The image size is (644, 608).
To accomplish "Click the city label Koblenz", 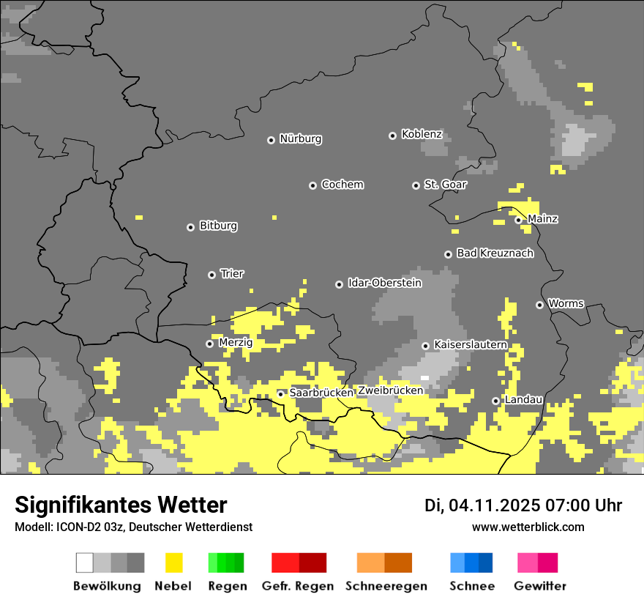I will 422,135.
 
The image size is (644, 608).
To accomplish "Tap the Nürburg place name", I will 300,139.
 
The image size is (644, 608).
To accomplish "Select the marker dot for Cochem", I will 312,185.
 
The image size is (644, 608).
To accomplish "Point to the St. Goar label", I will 445,185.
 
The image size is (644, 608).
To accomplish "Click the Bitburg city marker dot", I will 190,227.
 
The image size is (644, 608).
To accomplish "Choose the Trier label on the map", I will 232,274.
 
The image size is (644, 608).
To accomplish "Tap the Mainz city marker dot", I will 518,220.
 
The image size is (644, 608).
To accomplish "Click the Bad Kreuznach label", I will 495,253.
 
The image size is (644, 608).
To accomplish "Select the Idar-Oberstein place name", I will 384,283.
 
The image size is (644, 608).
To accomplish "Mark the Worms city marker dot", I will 539,305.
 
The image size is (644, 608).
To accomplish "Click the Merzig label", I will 236,343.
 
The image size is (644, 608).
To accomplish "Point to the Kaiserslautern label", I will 470,344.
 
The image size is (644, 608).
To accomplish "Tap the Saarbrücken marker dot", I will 280,394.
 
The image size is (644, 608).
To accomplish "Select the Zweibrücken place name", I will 390,390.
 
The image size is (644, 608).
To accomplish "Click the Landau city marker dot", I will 495,401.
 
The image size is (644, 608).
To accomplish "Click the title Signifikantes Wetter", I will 121,505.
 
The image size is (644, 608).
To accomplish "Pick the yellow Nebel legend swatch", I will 173,563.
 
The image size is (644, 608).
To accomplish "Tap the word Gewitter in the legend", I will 539,586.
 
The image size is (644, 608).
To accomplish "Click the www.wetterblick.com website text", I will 528,527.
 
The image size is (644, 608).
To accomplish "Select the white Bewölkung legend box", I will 85,563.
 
